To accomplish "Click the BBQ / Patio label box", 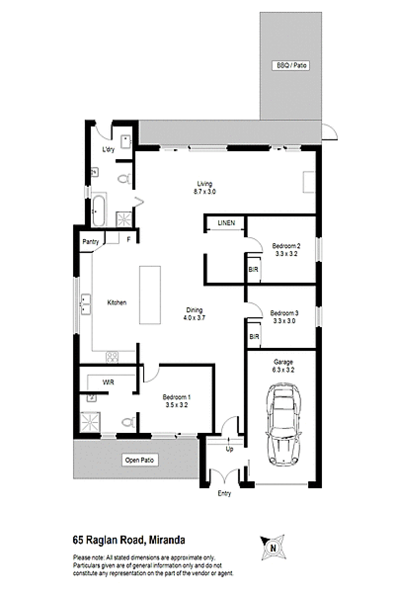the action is click(291, 65).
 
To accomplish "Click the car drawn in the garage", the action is click(283, 424).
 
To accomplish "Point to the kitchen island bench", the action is click(150, 295).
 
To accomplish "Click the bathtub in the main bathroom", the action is click(98, 211).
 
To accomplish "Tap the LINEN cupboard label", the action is click(227, 223).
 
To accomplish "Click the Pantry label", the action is click(90, 242).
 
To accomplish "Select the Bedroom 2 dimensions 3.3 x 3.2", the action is click(286, 254).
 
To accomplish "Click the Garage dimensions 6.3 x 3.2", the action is click(283, 370).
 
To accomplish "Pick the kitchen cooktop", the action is click(113, 357).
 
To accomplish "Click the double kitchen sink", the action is click(85, 304).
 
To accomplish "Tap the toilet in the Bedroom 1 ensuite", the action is click(128, 422).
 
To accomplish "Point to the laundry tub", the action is click(126, 142).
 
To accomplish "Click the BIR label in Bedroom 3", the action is click(254, 337).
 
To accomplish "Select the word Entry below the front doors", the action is click(224, 494).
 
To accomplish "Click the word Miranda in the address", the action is click(167, 540).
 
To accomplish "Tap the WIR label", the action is click(108, 382).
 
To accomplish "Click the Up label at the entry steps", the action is click(230, 449).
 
